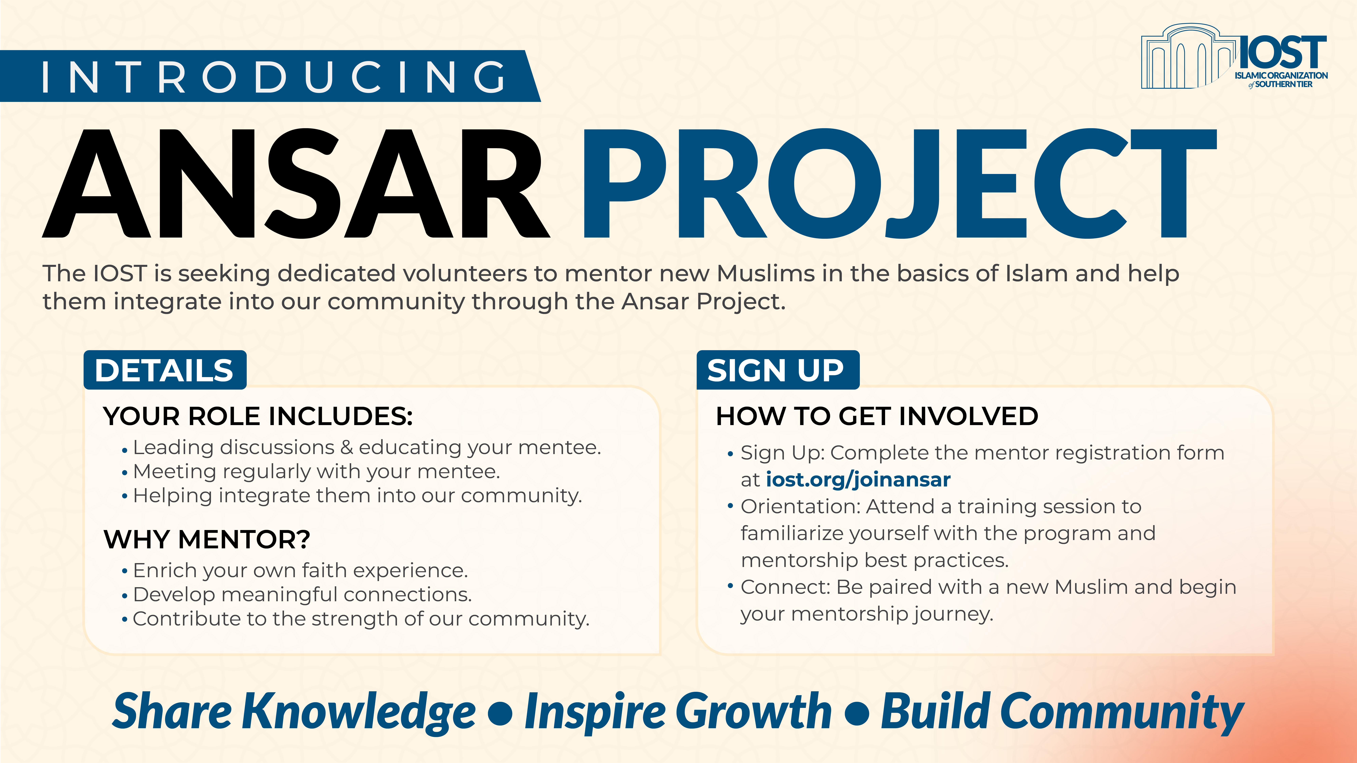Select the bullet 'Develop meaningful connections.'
point(302,594)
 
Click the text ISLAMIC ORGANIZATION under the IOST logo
point(1281,75)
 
